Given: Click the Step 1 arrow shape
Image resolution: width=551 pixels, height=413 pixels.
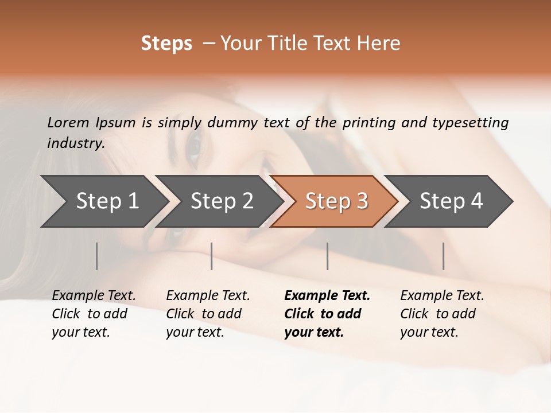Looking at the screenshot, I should pos(106,201).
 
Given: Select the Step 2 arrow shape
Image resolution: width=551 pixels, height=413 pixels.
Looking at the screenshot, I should pos(221,201).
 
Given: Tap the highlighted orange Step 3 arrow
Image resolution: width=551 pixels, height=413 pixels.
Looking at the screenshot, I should pos(336,201).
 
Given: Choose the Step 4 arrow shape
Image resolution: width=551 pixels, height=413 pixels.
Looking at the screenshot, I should pos(451,201).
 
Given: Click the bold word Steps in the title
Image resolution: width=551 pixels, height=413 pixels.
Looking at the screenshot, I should pos(166,43).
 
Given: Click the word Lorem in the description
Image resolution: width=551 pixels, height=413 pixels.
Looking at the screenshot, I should pos(68,122).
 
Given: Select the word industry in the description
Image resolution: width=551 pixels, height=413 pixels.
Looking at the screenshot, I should pos(76,143).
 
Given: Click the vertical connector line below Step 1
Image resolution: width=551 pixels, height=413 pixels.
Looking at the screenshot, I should pos(97,256).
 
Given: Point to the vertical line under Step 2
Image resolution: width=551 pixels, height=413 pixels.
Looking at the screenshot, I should pos(212,256).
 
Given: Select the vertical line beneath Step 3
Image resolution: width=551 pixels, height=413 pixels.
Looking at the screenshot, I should pos(327,256).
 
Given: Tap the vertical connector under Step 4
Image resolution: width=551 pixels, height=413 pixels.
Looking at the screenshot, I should pos(443,256).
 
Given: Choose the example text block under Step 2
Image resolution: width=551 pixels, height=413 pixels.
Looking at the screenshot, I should pos(207,314).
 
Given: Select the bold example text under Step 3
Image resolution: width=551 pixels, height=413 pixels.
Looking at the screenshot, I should pos(327,314).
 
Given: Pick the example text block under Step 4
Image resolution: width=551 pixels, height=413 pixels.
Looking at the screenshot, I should pos(441,314).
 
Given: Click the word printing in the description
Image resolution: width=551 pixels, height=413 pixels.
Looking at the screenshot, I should pos(368,122).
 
